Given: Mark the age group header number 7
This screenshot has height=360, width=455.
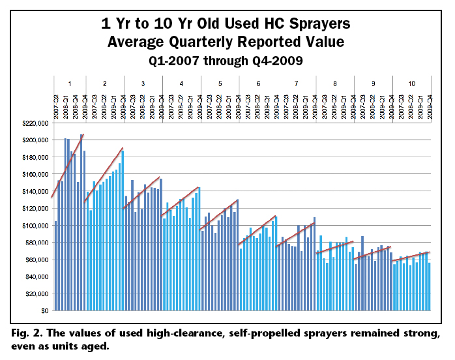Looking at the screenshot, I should click(x=297, y=83).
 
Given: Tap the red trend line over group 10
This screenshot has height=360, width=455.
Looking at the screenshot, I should click(x=411, y=256).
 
